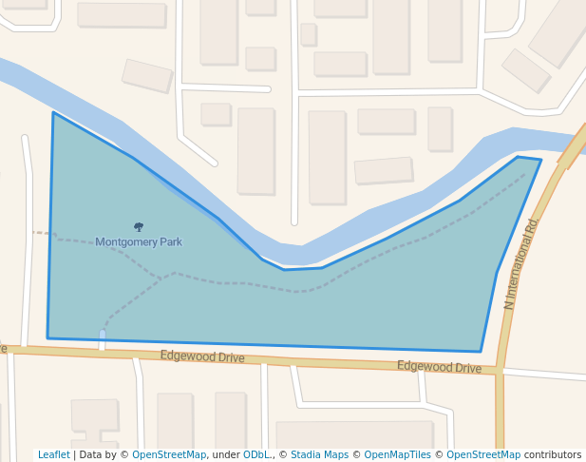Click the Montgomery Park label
pyautogui.click(x=139, y=242)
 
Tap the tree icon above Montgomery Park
pyautogui.click(x=139, y=227)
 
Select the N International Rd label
pyautogui.click(x=521, y=264)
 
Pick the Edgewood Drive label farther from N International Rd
pyautogui.click(x=201, y=357)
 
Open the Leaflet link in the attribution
pyautogui.click(x=54, y=455)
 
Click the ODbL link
pyautogui.click(x=256, y=455)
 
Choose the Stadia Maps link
pyautogui.click(x=319, y=455)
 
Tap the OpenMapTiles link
pyautogui.click(x=398, y=455)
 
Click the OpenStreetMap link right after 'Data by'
pyautogui.click(x=169, y=455)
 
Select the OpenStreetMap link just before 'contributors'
pyautogui.click(x=483, y=455)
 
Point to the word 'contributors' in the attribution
pyautogui.click(x=553, y=455)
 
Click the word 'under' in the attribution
pyautogui.click(x=226, y=455)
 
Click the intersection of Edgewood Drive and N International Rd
pyautogui.click(x=500, y=372)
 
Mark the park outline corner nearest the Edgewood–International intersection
pyautogui.click(x=481, y=352)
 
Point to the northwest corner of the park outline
pyautogui.click(x=53, y=113)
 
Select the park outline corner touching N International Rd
pyautogui.click(x=540, y=161)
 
